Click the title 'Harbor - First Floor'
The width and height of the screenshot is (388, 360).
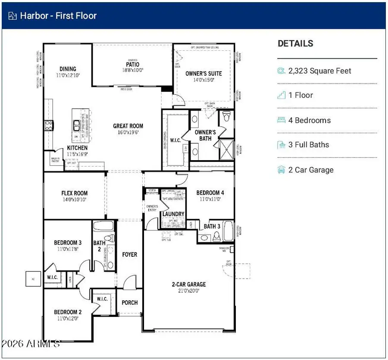coord(58,16)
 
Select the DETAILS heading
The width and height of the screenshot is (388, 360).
coord(295,43)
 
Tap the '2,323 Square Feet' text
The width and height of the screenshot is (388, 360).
coord(320,71)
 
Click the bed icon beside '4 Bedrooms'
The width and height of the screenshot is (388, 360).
coord(282,120)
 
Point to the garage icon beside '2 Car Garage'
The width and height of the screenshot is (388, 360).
coord(282,170)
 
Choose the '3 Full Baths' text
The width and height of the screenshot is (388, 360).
coord(309,145)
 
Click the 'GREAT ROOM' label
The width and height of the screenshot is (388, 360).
coord(128,126)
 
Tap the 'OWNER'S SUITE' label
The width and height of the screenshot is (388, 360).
coord(203,74)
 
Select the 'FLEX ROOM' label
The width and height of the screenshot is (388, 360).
coord(74,193)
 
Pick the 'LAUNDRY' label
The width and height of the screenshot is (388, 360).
coord(173,214)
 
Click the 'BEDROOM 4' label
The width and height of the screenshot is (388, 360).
coord(210,192)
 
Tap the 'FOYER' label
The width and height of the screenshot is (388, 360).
coord(129,254)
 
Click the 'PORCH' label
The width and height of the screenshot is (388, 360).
coord(129,303)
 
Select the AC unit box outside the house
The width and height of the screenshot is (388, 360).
coord(33,279)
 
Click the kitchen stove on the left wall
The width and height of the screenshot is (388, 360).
coord(48,125)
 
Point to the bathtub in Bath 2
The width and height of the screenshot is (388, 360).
coord(103,226)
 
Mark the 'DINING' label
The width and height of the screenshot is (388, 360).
coord(68,69)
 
